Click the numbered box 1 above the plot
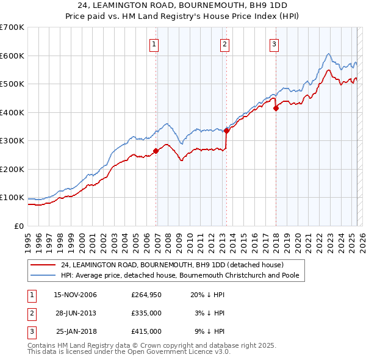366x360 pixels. tap(154, 43)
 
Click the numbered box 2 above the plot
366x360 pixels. tap(224, 43)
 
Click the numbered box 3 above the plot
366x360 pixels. tap(274, 43)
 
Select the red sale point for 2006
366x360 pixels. tap(156, 151)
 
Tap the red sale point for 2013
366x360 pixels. tap(226, 130)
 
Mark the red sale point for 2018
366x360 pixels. tap(276, 109)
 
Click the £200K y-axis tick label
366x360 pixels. tap(12, 169)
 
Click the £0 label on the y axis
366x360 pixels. tap(18, 226)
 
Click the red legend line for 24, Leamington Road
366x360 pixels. tap(43, 265)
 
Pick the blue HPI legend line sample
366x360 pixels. tap(43, 275)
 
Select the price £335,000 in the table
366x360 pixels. tap(146, 313)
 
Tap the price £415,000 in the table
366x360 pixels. tap(146, 331)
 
